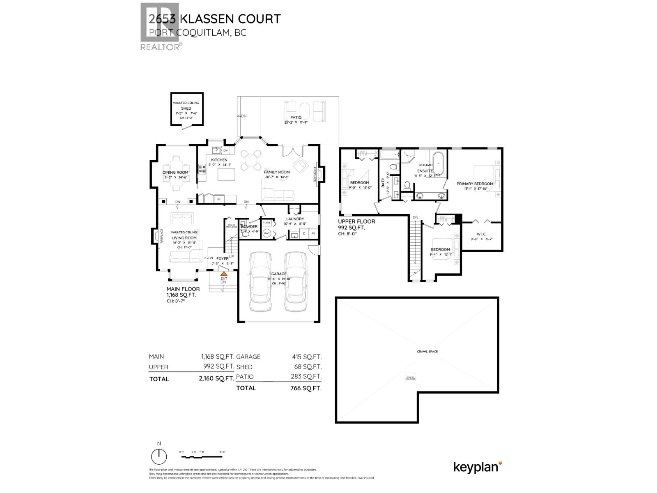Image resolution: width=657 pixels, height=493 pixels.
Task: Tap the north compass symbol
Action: tap(159, 456)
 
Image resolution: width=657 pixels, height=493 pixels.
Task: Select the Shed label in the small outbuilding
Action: tap(186, 108)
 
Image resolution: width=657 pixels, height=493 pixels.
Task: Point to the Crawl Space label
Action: tap(427, 351)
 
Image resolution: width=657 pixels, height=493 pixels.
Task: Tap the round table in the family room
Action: tap(251, 160)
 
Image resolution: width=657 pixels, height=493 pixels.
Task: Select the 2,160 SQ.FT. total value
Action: tap(214, 378)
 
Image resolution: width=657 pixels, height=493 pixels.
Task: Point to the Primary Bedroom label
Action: tap(475, 184)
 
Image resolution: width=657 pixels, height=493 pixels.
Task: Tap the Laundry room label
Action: tap(295, 219)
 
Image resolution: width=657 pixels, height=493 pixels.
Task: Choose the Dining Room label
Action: tap(175, 173)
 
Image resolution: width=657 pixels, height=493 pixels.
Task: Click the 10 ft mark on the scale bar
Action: tap(222, 452)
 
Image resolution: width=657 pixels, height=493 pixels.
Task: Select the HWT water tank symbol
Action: tap(266, 233)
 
